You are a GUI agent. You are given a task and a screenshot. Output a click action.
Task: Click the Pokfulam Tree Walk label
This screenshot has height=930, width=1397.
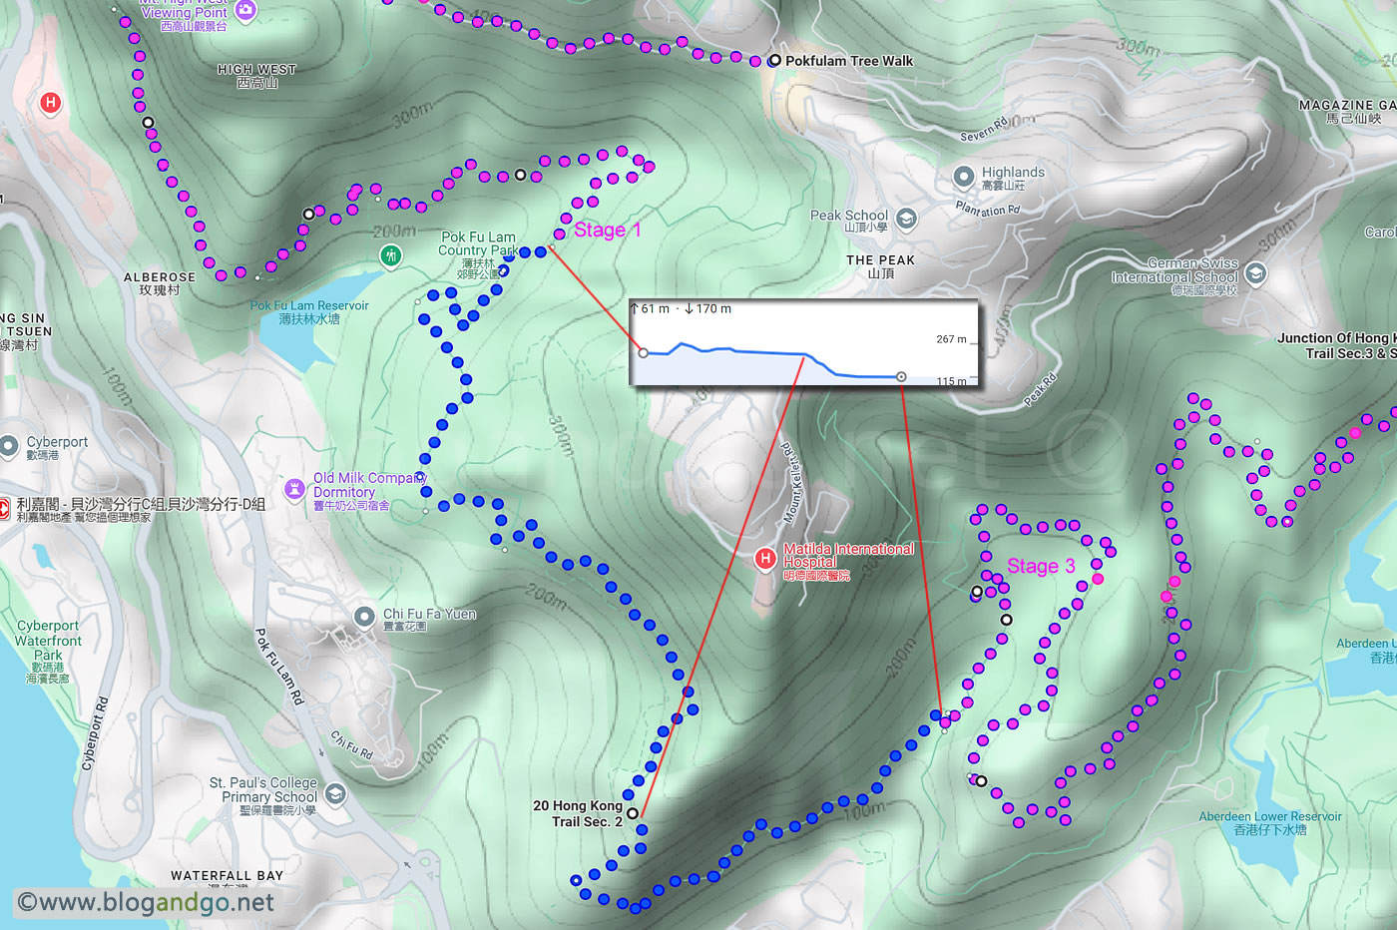pos(848,61)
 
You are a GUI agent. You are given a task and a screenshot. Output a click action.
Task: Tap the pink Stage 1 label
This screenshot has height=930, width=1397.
pos(607,231)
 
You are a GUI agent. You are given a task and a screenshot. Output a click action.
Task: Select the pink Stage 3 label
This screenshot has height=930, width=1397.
pos(1040,567)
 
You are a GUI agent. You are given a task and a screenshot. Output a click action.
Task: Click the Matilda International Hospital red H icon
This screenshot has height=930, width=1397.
pos(765,559)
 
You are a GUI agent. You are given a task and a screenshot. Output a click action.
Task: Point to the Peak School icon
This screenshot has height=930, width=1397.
pos(906,219)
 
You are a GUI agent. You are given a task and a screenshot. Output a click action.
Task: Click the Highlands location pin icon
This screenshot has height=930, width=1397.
pos(963,178)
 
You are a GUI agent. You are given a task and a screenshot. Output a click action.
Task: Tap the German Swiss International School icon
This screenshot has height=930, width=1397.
pos(1255,272)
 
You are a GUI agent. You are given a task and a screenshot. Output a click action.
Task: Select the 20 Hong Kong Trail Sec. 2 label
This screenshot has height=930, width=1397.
pos(578,813)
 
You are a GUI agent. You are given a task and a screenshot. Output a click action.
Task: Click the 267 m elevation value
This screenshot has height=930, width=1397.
pos(951,339)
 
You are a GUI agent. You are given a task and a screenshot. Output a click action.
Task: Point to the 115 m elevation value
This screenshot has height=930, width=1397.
pos(951,381)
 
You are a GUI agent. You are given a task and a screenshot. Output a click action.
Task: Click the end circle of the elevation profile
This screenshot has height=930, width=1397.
pos(901,377)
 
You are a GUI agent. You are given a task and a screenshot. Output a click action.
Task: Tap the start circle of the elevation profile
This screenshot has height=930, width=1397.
pos(643,352)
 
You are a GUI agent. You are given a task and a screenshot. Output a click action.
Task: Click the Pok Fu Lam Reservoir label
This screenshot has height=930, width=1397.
pos(309,312)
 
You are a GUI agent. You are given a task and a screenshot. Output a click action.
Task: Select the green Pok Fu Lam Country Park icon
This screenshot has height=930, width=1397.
pos(391,256)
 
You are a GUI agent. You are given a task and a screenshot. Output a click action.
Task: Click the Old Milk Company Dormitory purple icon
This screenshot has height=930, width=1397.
pos(294,489)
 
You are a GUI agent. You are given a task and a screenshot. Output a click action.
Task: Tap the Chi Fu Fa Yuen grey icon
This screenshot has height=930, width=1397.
pos(364,616)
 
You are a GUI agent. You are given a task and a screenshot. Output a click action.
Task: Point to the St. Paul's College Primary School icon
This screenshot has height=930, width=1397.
pos(335,794)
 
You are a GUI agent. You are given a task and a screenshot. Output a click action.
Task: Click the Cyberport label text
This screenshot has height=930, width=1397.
pos(57,442)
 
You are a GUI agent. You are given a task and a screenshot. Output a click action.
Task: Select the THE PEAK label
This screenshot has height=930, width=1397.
pos(880,260)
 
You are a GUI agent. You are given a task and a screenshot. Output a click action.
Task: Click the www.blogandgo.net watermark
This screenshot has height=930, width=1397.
pos(146,903)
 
